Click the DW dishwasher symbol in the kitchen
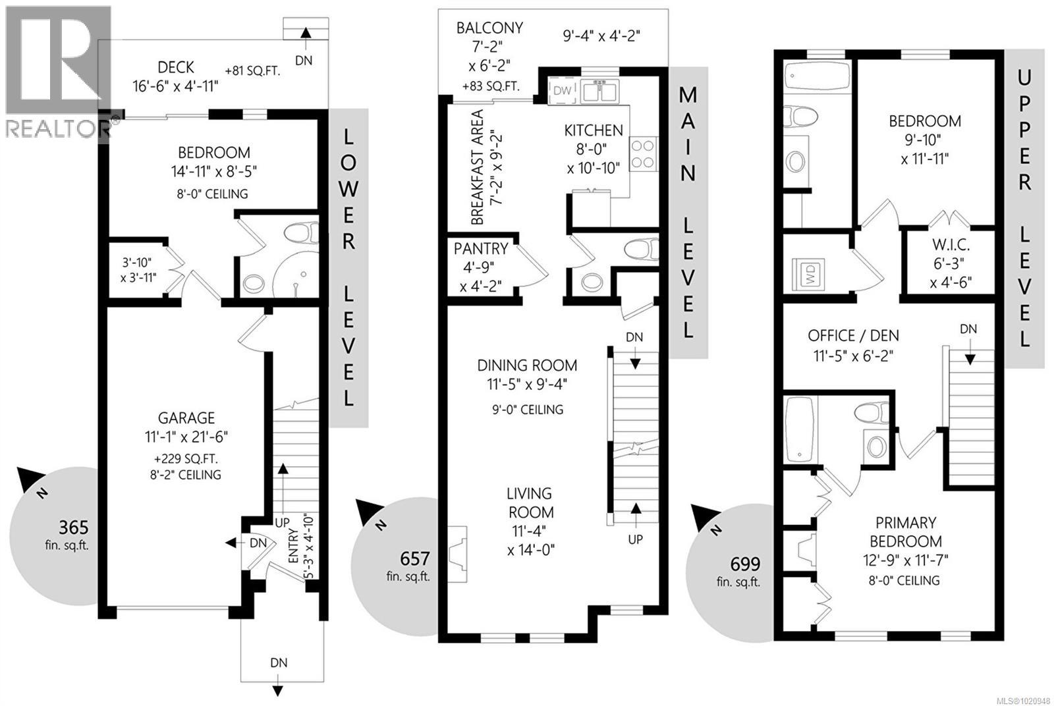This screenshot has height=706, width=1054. point(562,91)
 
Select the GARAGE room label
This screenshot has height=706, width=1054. point(186,418)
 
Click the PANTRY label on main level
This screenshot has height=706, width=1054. point(481,249)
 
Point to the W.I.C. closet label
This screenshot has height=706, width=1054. point(951,246)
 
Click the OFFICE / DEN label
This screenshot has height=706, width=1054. point(853,336)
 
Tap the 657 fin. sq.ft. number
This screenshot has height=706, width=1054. point(415,559)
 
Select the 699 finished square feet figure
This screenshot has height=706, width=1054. point(745,564)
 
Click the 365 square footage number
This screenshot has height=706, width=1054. point(73,528)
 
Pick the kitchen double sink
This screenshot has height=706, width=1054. point(600,91)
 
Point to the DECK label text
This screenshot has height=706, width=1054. point(176,67)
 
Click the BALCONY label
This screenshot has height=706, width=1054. point(489,28)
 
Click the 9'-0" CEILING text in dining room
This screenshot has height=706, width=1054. point(527,410)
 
